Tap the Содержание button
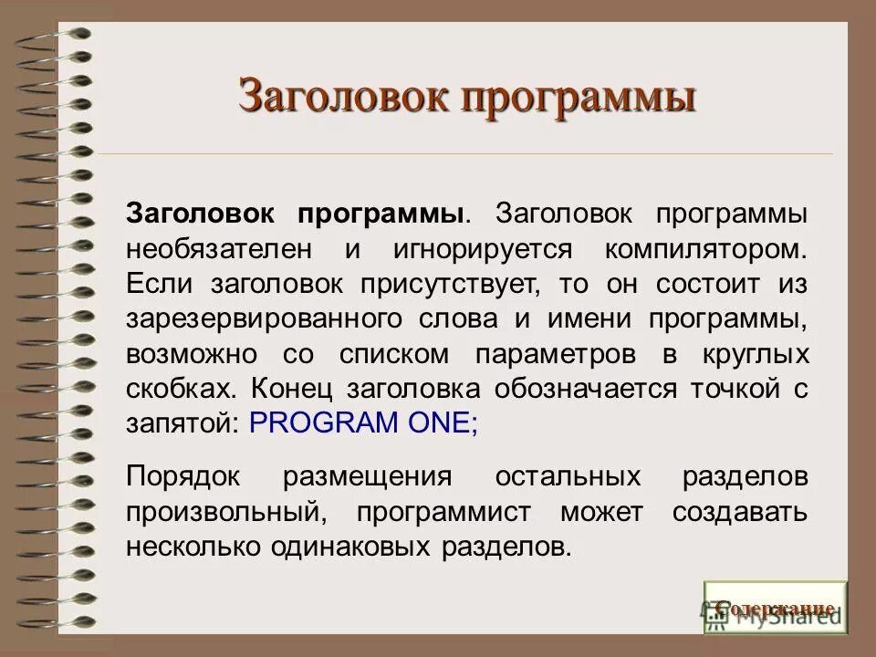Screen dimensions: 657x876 click(x=775, y=608)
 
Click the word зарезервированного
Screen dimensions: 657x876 click(x=265, y=319)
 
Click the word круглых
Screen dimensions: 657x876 click(x=754, y=354)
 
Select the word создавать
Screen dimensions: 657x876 click(x=739, y=512)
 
